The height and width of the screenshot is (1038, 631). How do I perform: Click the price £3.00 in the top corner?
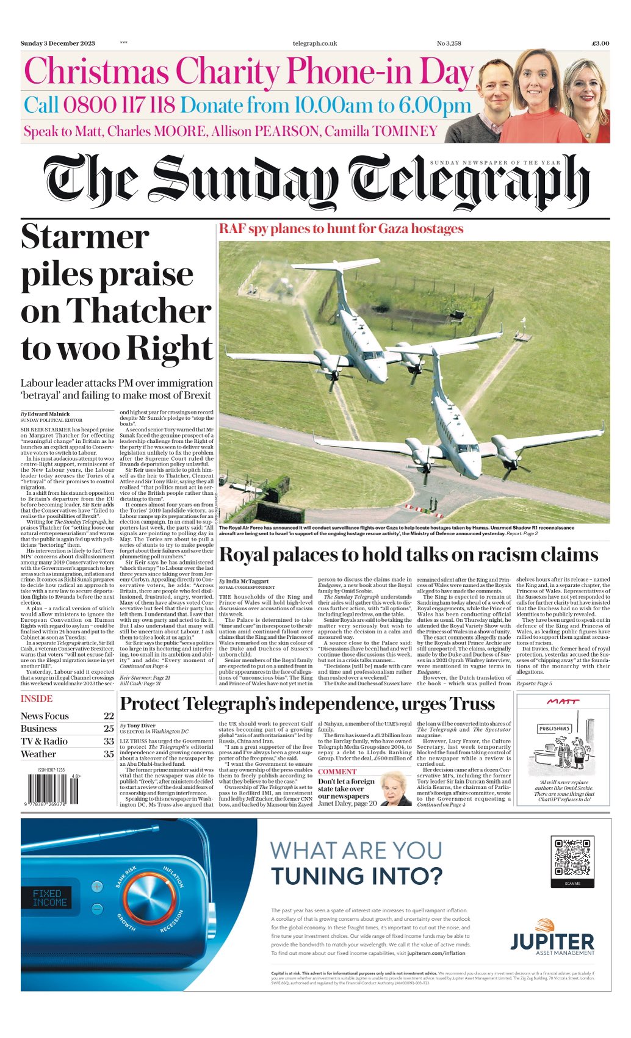[x=600, y=43]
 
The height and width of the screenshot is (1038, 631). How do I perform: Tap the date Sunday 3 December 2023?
[x=58, y=43]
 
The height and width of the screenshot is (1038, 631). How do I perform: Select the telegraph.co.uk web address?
[x=315, y=43]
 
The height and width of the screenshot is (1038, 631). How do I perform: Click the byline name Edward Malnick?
[x=49, y=414]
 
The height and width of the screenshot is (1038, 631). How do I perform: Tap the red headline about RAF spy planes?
[x=341, y=229]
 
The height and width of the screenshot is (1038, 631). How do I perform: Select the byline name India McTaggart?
[x=247, y=582]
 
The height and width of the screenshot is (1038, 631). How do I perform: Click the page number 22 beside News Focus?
[x=109, y=716]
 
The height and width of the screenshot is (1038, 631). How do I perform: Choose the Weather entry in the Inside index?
[x=38, y=754]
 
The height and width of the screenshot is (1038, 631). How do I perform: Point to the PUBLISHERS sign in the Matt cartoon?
[x=554, y=729]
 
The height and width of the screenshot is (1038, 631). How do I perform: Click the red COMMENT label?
[x=337, y=772]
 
